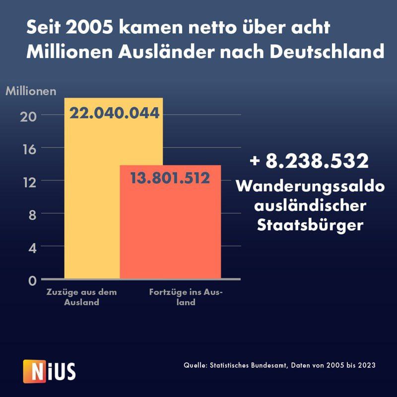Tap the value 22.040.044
coord(114,113)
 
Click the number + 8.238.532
coord(310,161)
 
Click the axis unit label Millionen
coord(31,91)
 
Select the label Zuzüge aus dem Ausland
coord(82,297)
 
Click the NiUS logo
coord(49,369)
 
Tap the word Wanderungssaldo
coord(311,187)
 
